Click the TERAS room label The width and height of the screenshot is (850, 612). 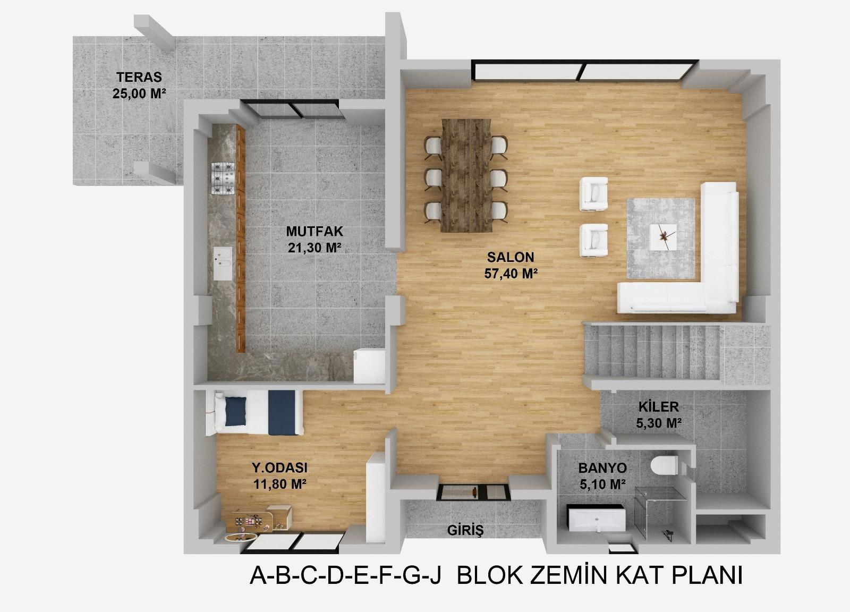139,78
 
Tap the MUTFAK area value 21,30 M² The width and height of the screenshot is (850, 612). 314,248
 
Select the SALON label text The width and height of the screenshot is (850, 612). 511,257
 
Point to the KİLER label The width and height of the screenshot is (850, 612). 658,407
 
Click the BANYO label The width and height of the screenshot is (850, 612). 602,468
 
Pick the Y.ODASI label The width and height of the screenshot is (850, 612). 279,468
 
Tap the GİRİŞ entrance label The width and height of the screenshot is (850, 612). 465,530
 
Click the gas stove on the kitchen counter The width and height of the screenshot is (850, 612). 223,178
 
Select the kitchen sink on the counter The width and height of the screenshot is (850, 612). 223,263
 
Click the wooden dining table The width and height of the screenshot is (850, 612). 466,175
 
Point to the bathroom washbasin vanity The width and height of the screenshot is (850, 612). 596,518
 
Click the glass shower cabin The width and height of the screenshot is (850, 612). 661,512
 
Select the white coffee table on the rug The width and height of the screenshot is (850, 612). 663,237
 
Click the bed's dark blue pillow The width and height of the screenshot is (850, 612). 236,411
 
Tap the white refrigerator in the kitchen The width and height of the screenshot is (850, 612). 369,366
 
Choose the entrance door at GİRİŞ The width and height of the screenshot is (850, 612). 473,492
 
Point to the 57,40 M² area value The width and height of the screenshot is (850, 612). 511,274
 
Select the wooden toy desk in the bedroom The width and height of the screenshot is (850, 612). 259,519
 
